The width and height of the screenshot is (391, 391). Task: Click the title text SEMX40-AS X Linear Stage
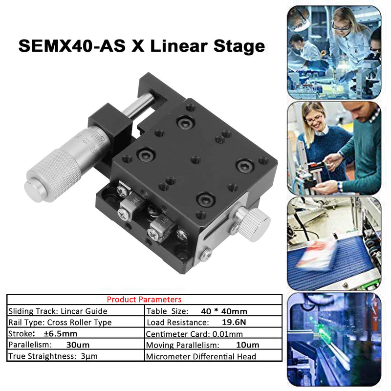(142, 46)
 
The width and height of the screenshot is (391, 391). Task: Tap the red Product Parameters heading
(144, 300)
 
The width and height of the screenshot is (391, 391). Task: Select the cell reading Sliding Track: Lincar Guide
(58, 311)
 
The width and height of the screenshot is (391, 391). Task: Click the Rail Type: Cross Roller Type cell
(60, 323)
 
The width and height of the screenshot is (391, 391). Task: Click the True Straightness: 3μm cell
(53, 356)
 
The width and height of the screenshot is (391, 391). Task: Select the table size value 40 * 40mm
(224, 311)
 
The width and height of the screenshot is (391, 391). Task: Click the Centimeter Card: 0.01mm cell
(195, 334)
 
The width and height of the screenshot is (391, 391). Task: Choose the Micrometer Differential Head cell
(201, 356)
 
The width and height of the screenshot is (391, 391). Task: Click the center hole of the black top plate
(195, 159)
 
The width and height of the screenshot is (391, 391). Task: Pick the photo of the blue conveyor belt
(334, 244)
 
